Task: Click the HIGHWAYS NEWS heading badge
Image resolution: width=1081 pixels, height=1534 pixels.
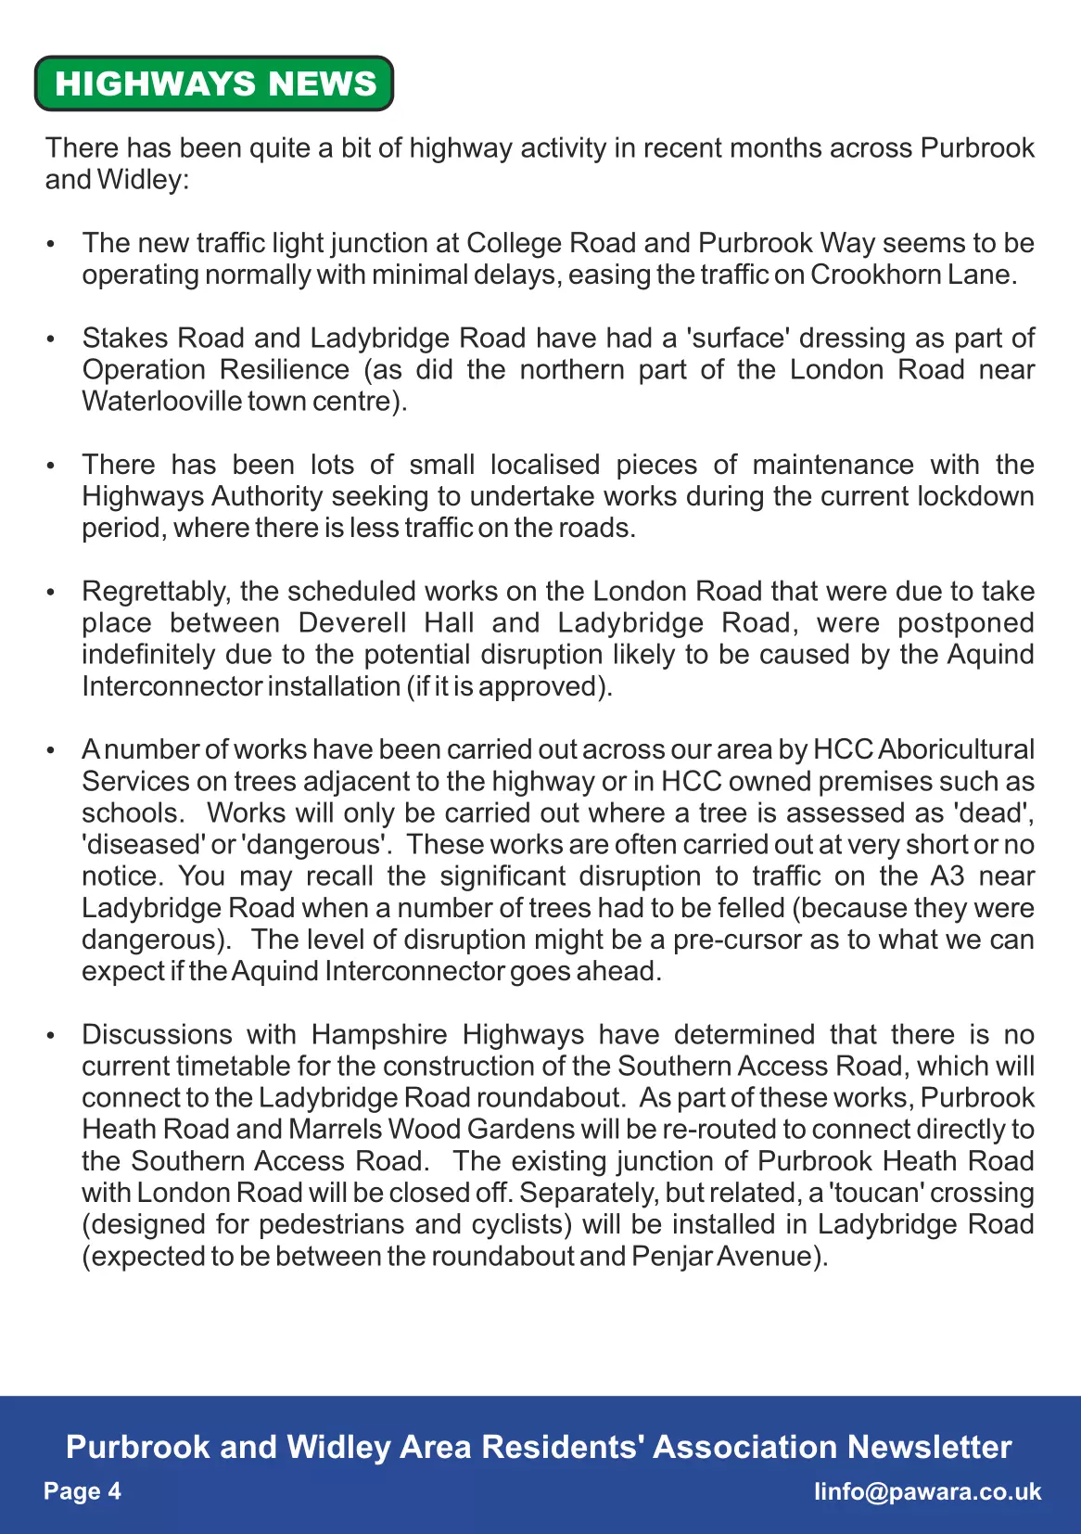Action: coord(214,83)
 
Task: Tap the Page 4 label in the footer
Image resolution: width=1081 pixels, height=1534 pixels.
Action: coord(83,1491)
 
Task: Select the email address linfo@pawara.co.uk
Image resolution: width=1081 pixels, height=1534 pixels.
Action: coord(927,1491)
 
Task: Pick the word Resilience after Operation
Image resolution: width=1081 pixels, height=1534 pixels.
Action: coord(285,370)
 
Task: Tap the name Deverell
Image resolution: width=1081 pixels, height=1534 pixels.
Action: coord(352,623)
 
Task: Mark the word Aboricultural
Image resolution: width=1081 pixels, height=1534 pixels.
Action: coord(956,749)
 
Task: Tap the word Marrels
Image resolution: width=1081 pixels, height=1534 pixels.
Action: coord(335,1130)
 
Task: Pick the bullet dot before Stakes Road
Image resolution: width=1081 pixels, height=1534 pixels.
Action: coord(51,339)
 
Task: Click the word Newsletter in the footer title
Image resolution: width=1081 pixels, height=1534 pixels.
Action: coord(929,1447)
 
